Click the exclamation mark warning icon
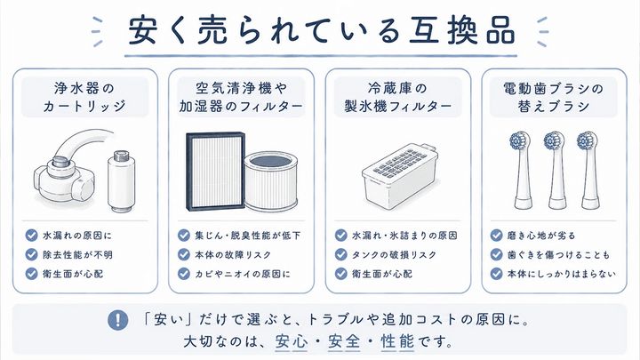pyautogui.click(x=117, y=320)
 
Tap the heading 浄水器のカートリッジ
pyautogui.click(x=84, y=97)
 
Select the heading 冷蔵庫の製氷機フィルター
pyautogui.click(x=398, y=97)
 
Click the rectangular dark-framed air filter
pyautogui.click(x=215, y=171)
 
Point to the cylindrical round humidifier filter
pyautogui.click(x=271, y=180)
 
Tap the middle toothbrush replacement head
pyautogui.click(x=556, y=170)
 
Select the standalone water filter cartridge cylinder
pyautogui.click(x=120, y=180)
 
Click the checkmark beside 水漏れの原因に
pyautogui.click(x=31, y=236)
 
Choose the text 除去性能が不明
pyautogui.click(x=77, y=255)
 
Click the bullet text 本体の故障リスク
pyautogui.click(x=233, y=255)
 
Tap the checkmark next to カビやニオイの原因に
pyautogui.click(x=184, y=274)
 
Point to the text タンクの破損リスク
pyautogui.click(x=394, y=255)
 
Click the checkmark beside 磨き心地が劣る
pyautogui.click(x=496, y=236)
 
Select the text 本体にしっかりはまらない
pyautogui.click(x=561, y=274)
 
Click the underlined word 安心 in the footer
pyautogui.click(x=292, y=341)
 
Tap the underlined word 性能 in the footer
pyautogui.click(x=397, y=341)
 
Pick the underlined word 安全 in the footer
pyautogui.click(x=345, y=341)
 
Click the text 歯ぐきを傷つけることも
pyautogui.click(x=558, y=255)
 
